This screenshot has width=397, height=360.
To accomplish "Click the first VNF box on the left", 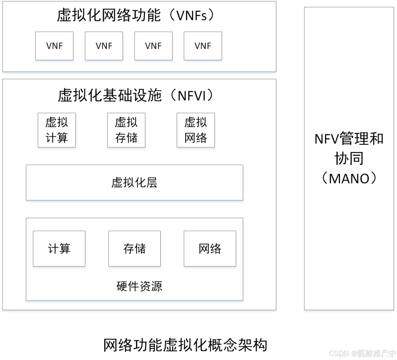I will [54, 46].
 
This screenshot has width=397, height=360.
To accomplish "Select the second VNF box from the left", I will [104, 46].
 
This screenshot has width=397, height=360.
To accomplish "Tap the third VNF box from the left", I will [153, 46].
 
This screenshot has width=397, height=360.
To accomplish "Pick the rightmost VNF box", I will [203, 46].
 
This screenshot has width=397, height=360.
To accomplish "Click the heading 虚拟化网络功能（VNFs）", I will [138, 15].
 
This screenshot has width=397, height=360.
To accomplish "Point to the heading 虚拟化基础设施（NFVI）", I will [138, 95].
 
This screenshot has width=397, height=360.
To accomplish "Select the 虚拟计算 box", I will [57, 130].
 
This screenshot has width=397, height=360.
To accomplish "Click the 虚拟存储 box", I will [126, 130].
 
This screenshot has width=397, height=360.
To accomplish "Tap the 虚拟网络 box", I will [196, 130].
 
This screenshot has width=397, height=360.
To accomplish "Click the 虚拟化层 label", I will [134, 183].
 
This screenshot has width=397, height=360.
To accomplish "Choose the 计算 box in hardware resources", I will [59, 248].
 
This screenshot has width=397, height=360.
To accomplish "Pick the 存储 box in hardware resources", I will [134, 248].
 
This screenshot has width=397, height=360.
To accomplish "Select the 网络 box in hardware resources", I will [210, 248].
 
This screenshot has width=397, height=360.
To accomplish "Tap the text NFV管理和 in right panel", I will [349, 138].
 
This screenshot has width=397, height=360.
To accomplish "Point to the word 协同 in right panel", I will [349, 158].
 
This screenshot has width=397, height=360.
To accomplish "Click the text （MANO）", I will [349, 178].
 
